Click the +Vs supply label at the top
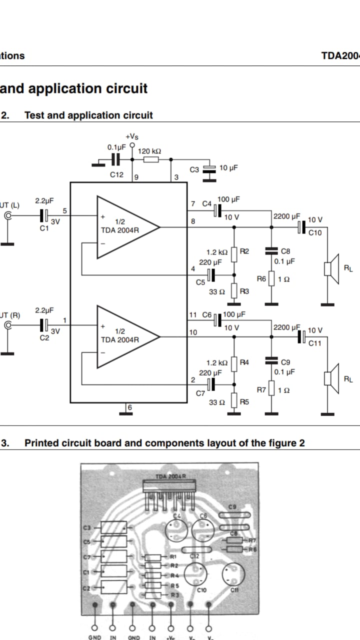[132, 136]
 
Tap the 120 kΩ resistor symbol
[151, 159]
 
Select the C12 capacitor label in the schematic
[116, 174]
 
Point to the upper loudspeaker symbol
[331, 269]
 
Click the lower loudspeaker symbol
[331, 379]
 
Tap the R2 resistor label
[244, 251]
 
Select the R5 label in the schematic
[244, 401]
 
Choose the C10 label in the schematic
[315, 232]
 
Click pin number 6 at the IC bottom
[129, 407]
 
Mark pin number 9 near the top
[136, 177]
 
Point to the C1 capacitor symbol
[44, 215]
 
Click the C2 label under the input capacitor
[44, 338]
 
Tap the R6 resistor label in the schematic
[261, 278]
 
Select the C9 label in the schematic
[285, 362]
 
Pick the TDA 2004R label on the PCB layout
[170, 476]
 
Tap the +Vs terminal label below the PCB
[171, 637]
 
